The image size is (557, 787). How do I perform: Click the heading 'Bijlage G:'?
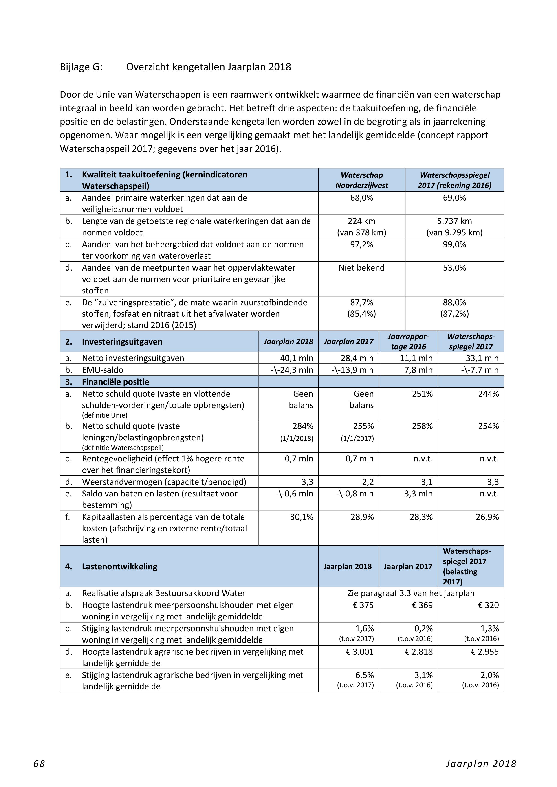tap(81, 67)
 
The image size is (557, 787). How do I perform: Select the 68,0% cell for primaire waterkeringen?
tap(361, 198)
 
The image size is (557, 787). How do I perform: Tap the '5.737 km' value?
tap(454, 221)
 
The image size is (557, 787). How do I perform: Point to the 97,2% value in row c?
tap(361, 244)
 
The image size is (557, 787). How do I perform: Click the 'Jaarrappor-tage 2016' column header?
tap(408, 341)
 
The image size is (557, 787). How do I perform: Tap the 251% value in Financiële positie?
tap(422, 394)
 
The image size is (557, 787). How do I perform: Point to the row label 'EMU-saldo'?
tap(103, 370)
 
